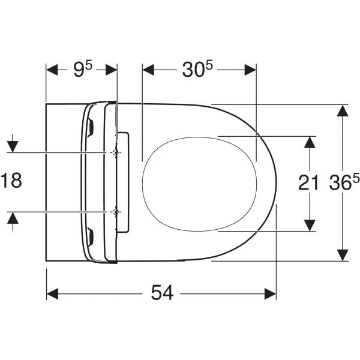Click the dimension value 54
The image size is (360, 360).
[162, 293]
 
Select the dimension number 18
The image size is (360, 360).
[11, 181]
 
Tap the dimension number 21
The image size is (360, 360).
[308, 184]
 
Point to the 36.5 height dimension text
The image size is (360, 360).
[343, 183]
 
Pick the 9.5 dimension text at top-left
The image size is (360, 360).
[82, 70]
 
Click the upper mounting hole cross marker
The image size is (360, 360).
[116, 154]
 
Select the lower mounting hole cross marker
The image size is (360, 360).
[116, 212]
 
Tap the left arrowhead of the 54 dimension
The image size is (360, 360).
[52, 293]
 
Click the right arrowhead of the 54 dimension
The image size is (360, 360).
[271, 293]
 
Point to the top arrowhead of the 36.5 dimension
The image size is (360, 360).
[342, 110]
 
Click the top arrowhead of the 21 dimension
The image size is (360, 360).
[309, 142]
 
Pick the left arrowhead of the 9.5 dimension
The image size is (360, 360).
[52, 70]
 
